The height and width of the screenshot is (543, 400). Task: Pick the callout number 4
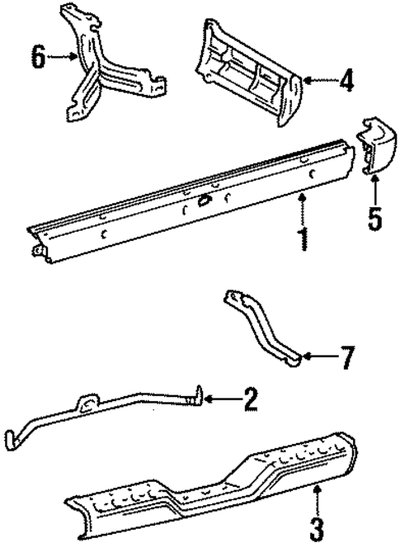click(x=346, y=81)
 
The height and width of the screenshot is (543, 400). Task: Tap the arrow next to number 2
click(x=219, y=399)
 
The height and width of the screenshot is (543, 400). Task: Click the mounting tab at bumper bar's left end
click(x=36, y=249)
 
